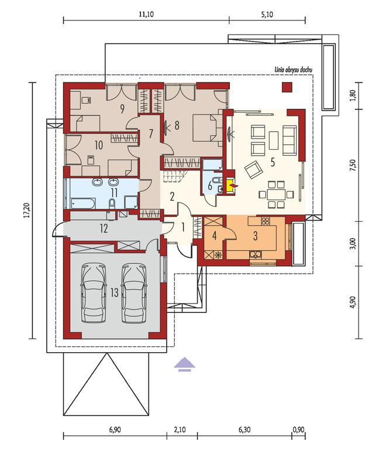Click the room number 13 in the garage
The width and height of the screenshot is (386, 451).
click(115, 292)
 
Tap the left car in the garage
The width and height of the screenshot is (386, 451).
click(92, 293)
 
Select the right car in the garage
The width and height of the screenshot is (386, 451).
click(133, 293)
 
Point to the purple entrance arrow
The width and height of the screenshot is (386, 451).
click(184, 364)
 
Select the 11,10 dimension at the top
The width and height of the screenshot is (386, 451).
click(146, 15)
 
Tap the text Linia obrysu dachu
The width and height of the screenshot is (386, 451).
click(293, 70)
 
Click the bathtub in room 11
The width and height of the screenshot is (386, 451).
click(82, 203)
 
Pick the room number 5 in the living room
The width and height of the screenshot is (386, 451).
click(273, 162)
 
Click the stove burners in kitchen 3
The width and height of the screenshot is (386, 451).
click(266, 221)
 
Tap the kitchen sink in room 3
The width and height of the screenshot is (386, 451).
click(256, 254)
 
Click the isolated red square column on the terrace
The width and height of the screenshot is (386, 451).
click(287, 87)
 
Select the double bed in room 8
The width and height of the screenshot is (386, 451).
click(207, 128)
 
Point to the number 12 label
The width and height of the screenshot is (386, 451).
click(104, 229)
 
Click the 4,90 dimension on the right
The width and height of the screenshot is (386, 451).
click(353, 302)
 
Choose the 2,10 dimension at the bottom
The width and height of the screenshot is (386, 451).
click(180, 430)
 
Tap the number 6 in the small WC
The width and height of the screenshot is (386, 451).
click(210, 186)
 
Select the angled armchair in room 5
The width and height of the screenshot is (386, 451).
click(253, 170)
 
